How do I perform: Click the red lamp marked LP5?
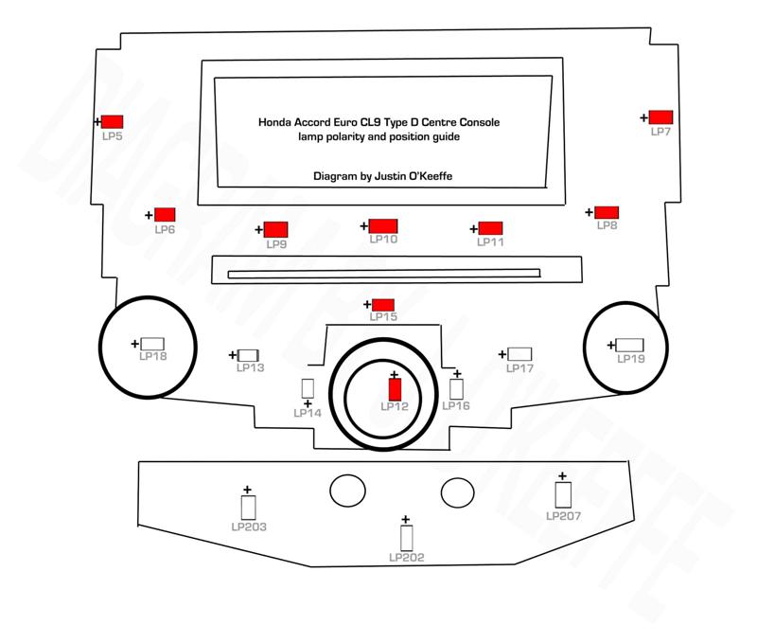[x=114, y=121]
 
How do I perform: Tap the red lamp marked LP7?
[x=660, y=117]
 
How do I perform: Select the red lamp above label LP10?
[x=383, y=225]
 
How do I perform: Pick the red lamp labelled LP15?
[x=382, y=304]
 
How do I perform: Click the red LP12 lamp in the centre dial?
[x=396, y=388]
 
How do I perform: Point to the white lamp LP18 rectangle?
[x=152, y=343]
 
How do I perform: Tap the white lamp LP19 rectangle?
[x=629, y=345]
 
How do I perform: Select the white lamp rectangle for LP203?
[x=248, y=507]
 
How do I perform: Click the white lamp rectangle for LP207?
[x=563, y=495]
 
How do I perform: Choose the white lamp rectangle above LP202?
[x=407, y=538]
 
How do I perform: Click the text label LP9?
[x=276, y=244]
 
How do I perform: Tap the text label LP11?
[x=490, y=242]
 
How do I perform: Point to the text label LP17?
[x=520, y=367]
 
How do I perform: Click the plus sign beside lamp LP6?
[x=149, y=216]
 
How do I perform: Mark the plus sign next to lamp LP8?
[x=589, y=212]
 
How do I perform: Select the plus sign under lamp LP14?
[x=308, y=403]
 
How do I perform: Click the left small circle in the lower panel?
[x=346, y=491]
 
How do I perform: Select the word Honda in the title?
[x=274, y=122]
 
